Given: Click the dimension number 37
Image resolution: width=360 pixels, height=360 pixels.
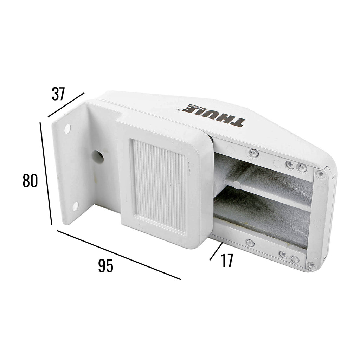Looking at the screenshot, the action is [58, 94].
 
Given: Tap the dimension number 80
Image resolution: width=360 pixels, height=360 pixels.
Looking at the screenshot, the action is [30, 181].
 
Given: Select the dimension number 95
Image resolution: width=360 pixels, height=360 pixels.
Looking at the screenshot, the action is [105, 266].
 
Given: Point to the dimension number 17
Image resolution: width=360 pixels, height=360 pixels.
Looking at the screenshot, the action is [227, 261].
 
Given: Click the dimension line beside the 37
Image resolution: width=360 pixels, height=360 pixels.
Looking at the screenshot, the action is [66, 105].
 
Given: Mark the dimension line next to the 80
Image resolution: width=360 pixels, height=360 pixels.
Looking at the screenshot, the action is [46, 174].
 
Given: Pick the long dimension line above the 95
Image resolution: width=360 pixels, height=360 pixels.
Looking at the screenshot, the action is [119, 255].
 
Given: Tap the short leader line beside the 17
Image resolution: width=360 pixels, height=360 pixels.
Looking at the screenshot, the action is [216, 251].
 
